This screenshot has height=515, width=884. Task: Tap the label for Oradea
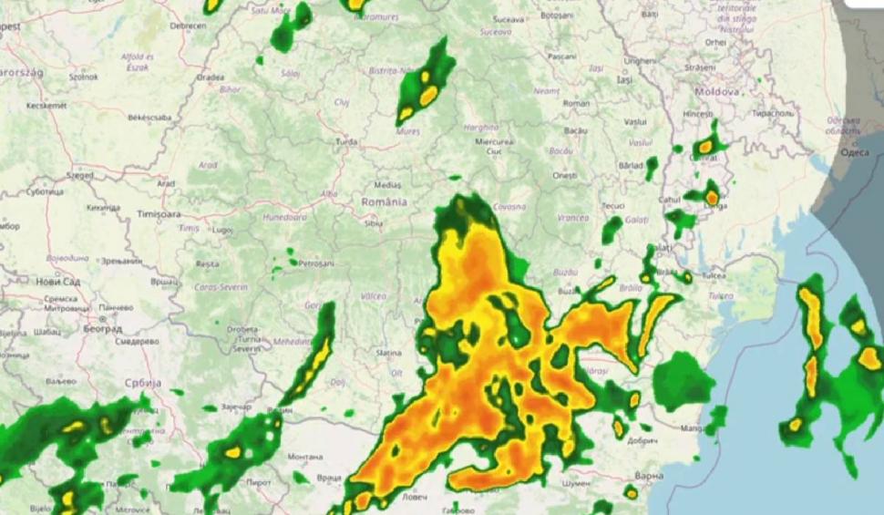(x=210, y=77)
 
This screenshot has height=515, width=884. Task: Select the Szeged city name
(x=80, y=173)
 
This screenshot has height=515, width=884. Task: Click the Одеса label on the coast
(x=853, y=152)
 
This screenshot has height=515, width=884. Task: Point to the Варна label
(x=649, y=475)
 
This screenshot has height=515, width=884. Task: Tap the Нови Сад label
(x=58, y=282)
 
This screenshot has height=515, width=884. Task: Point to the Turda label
(x=346, y=142)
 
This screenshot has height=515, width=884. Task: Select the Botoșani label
(x=557, y=15)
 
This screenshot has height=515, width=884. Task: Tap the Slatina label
(x=389, y=353)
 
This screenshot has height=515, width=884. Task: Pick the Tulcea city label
(x=713, y=274)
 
